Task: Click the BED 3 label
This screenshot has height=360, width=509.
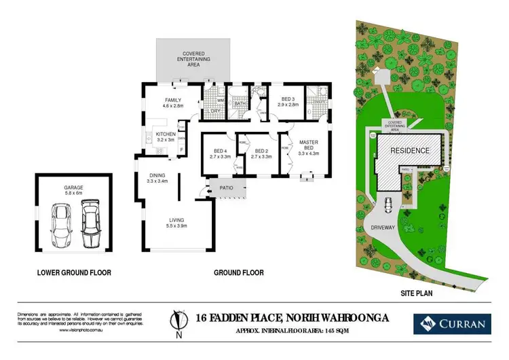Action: (288, 102)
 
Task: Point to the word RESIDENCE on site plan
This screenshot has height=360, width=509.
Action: (409, 150)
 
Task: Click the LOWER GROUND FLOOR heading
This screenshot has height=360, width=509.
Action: (75, 273)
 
